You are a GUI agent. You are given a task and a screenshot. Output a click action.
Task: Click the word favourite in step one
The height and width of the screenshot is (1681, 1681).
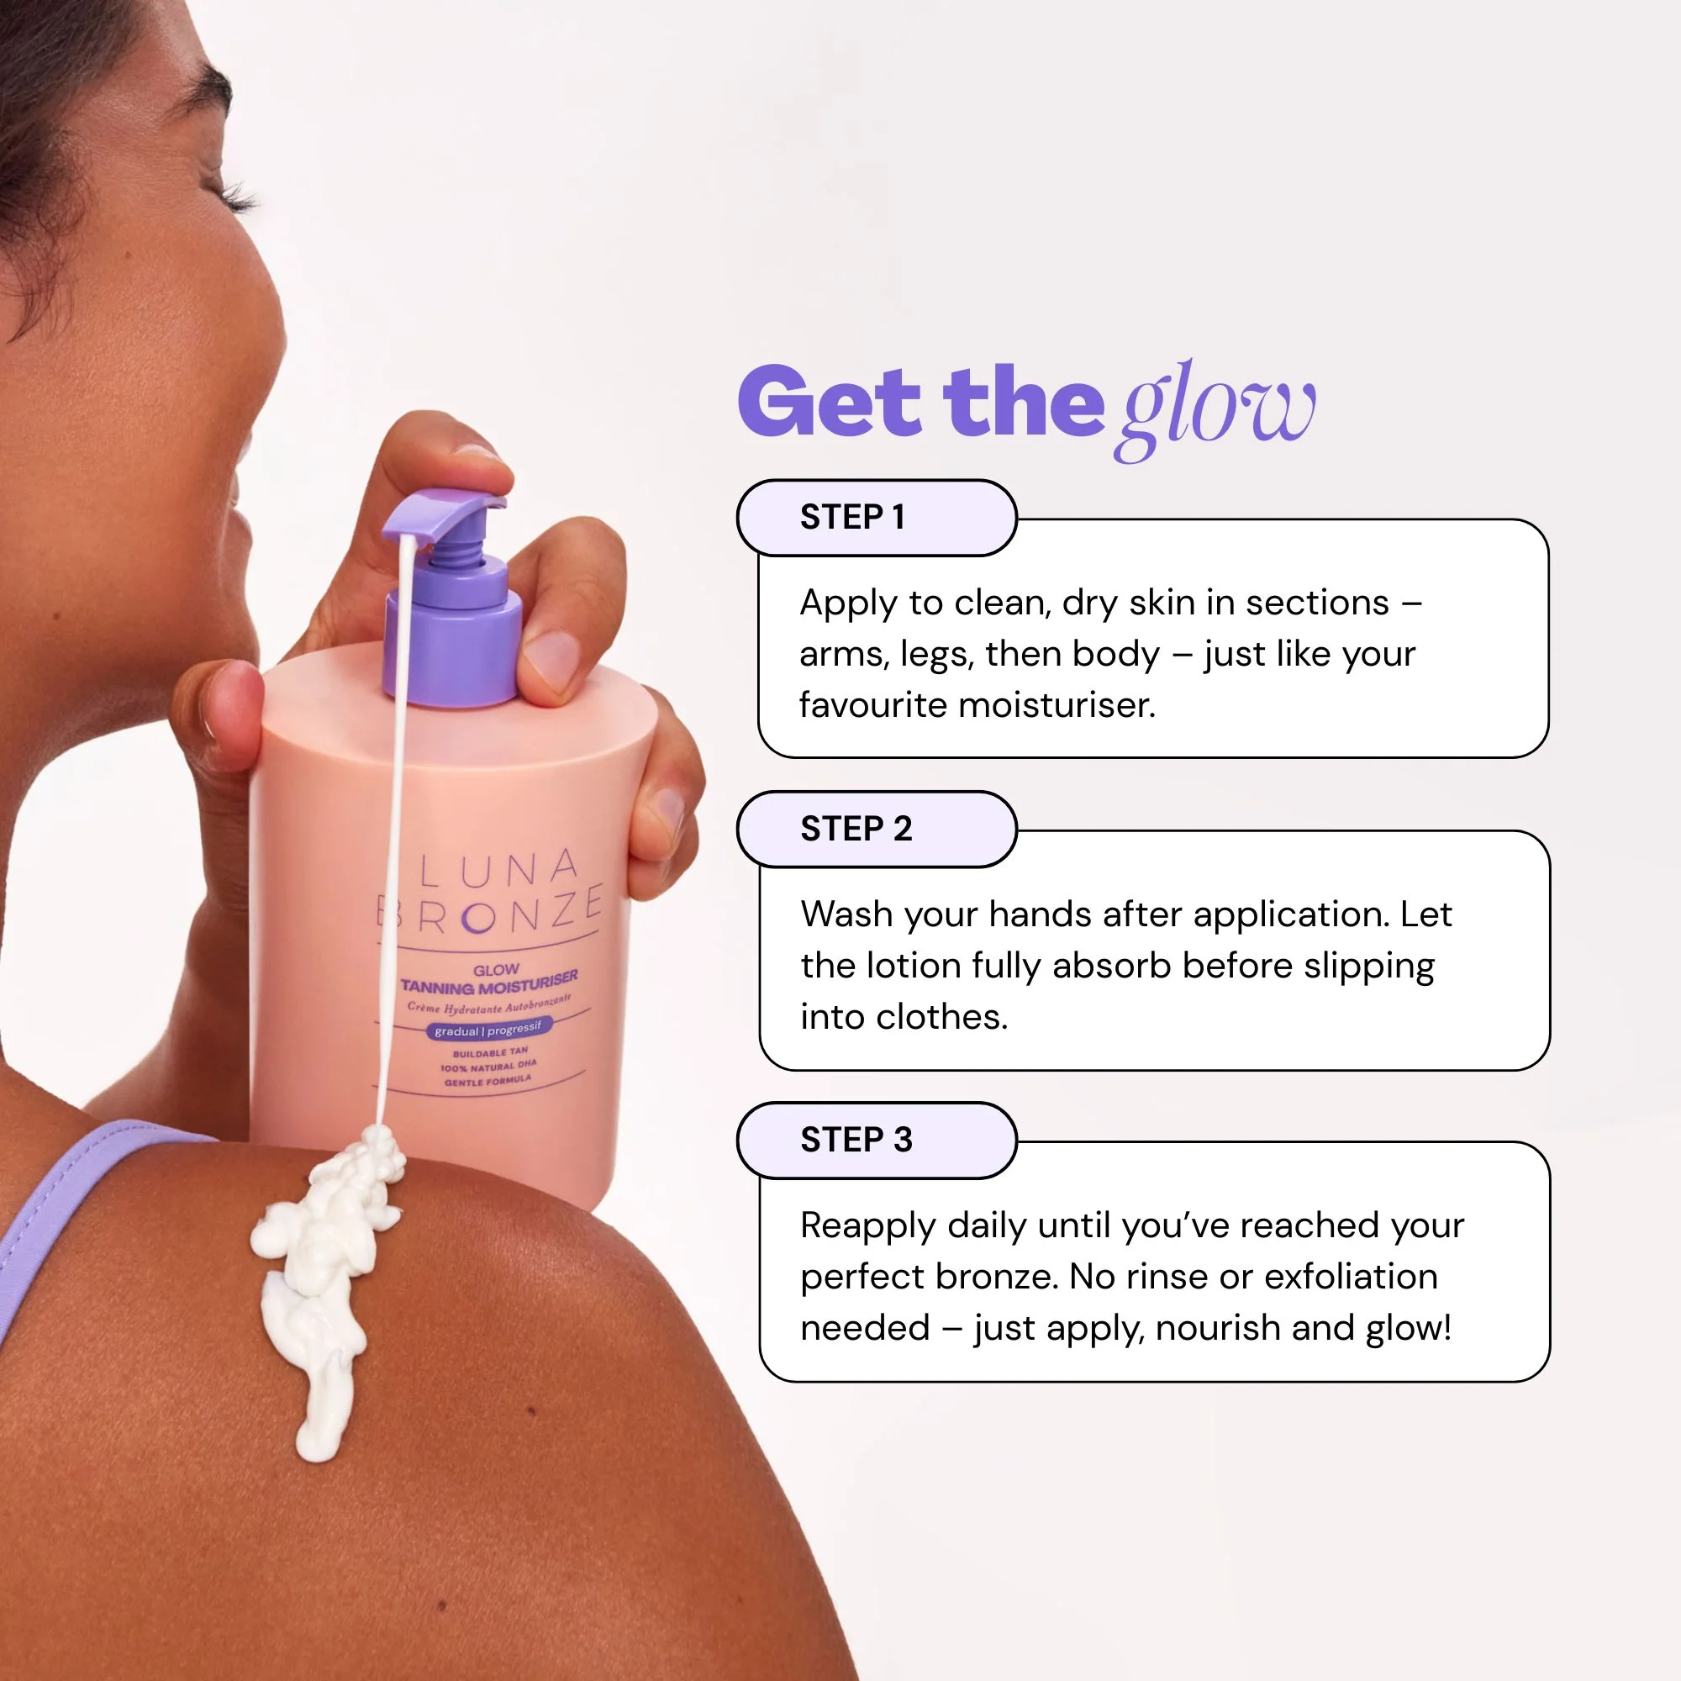point(873,705)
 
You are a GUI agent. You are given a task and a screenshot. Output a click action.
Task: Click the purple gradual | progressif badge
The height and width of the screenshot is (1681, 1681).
point(488,1030)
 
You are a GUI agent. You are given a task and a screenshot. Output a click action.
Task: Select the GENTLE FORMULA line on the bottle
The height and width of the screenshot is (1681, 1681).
point(487,1082)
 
